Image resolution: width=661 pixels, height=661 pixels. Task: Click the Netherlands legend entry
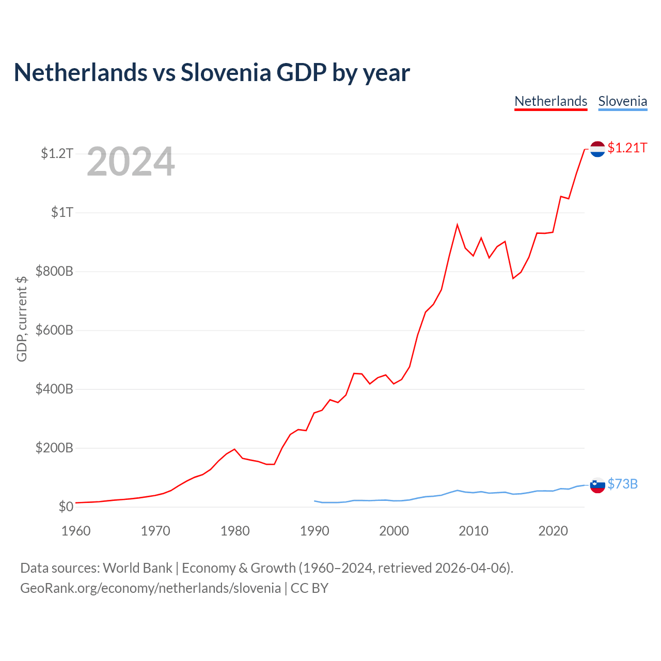coord(550,102)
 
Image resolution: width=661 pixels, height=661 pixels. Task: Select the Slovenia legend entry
coord(623,102)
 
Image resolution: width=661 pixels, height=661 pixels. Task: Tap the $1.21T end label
coord(627,148)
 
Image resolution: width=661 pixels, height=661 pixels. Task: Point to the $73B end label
coord(622,484)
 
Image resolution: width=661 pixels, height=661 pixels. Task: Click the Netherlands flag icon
coord(597,149)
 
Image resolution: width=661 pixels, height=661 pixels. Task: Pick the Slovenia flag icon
coord(597,485)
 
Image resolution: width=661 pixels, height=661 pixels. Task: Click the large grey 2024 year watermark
coord(131,161)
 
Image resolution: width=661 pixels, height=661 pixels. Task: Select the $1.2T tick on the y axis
coord(57,153)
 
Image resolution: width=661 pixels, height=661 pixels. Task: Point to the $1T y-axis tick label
coord(62,212)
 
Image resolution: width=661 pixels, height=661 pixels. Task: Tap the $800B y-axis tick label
coord(54,271)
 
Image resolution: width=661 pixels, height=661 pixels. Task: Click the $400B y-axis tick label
coord(54,389)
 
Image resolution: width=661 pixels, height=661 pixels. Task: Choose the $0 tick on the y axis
coord(66,507)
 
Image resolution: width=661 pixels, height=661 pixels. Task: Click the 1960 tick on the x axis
coord(76,531)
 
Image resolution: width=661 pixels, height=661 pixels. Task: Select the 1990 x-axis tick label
coord(314,531)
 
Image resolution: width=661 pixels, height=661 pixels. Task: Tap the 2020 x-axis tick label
coord(553,531)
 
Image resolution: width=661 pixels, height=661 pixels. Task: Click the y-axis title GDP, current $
coord(22,319)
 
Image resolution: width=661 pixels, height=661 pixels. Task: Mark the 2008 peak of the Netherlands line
coord(457,225)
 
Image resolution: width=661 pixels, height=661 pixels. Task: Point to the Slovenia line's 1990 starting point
coord(314,501)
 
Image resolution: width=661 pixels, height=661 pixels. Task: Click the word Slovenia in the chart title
coord(226,72)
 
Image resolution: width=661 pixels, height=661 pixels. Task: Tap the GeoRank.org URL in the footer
coord(151,588)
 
